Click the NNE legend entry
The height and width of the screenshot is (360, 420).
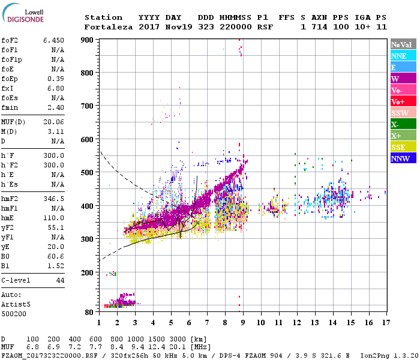(x=398, y=56)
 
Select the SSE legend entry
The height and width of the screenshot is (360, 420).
(x=398, y=147)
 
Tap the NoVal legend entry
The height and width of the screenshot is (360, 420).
(x=400, y=44)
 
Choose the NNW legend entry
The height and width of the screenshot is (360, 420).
(x=400, y=158)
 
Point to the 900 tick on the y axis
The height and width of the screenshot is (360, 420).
(x=88, y=40)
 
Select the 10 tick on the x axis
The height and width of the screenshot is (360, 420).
(x=260, y=322)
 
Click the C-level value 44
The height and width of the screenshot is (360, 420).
(x=60, y=280)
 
